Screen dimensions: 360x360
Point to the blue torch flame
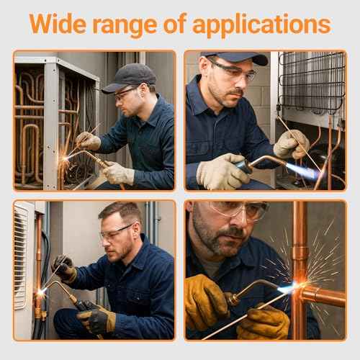coord(302,171)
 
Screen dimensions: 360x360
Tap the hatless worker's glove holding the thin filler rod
coord(65,269)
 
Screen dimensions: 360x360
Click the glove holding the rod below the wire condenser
coord(291,144)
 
